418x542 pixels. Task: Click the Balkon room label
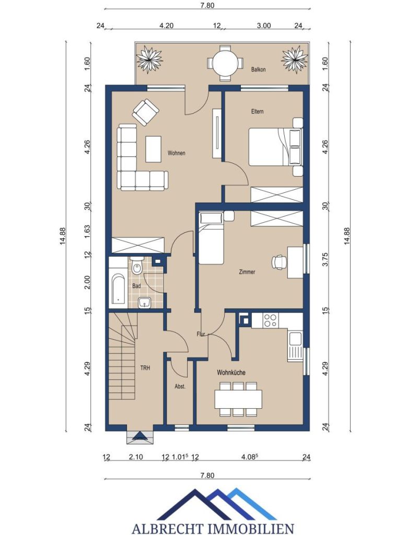tap(259, 70)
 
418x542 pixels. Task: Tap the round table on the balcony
tap(225, 63)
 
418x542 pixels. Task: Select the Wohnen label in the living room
tap(177, 153)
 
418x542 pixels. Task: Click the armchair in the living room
tap(145, 112)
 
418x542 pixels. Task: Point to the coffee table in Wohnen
tap(154, 149)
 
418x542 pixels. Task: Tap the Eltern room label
tap(258, 111)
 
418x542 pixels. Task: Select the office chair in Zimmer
tap(279, 262)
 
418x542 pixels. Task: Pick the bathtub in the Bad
tap(118, 289)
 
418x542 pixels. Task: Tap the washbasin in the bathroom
tap(144, 303)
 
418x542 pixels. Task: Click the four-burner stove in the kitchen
tap(270, 320)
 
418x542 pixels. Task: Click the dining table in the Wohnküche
tap(238, 399)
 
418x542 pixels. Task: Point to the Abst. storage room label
tap(180, 386)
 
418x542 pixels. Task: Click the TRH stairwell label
tap(145, 368)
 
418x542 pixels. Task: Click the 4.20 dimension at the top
tap(166, 26)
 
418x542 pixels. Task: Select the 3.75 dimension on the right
tap(324, 260)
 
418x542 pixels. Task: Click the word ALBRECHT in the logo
tap(167, 528)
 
